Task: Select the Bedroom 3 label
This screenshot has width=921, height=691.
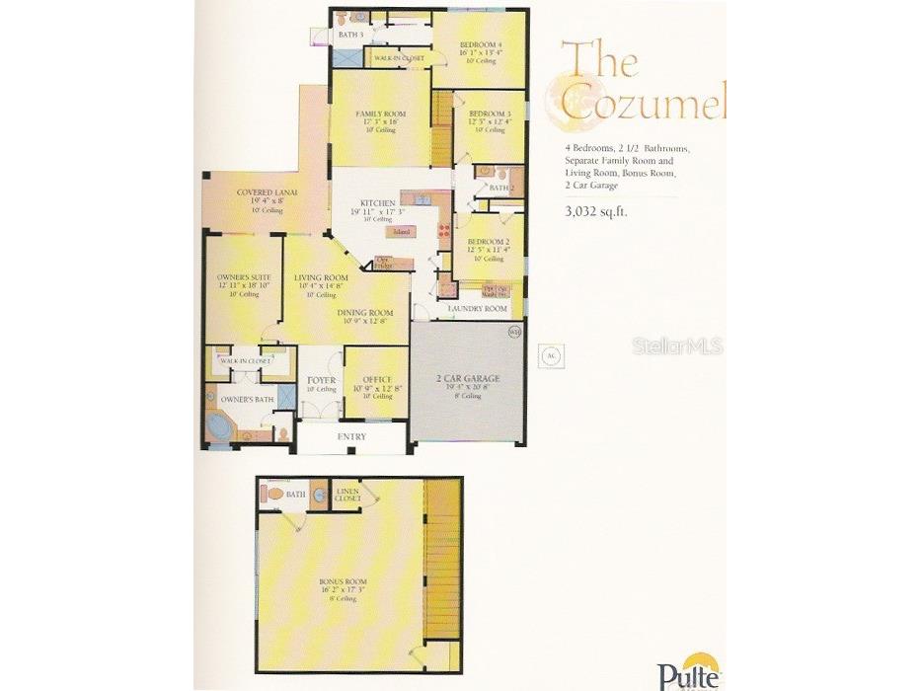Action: [489, 114]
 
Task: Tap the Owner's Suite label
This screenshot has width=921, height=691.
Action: [237, 277]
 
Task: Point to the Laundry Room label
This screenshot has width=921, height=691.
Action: [478, 309]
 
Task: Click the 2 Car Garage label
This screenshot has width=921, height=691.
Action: [468, 379]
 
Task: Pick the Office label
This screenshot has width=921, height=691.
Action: [377, 380]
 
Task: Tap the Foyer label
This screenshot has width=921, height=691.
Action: [321, 380]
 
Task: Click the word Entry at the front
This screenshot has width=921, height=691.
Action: [351, 436]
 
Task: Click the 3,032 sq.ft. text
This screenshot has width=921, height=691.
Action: [596, 210]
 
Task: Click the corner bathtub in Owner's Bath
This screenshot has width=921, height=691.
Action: [219, 426]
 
